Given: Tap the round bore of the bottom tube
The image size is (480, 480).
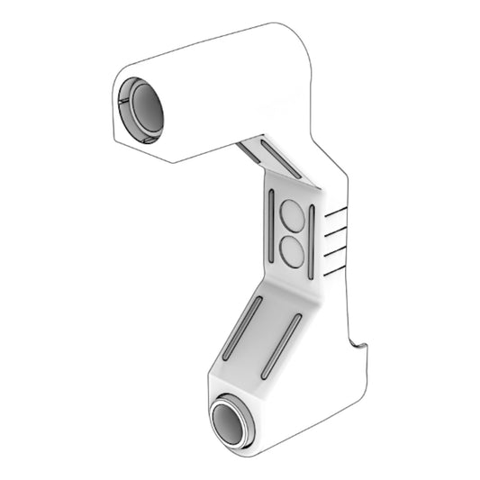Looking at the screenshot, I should (x=233, y=423).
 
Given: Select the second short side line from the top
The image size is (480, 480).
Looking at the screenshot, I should (x=335, y=230).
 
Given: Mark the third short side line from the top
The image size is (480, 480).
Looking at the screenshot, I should (x=335, y=249).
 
